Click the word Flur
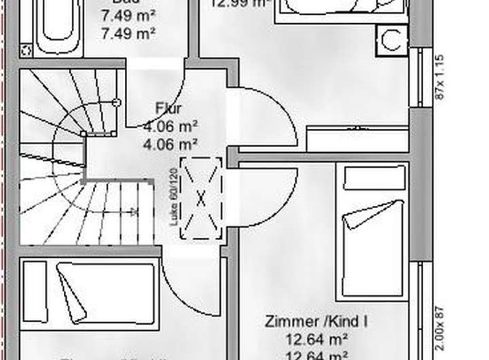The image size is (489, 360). click(x=169, y=108)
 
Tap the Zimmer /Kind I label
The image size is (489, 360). click(x=316, y=321)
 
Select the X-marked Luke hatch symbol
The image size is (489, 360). click(x=201, y=198)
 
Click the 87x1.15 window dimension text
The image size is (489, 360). click(x=439, y=77)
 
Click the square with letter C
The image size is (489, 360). click(x=392, y=40)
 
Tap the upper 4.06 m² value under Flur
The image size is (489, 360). click(x=170, y=126)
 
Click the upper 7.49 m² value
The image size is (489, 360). click(x=128, y=15)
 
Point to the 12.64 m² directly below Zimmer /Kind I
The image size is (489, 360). click(x=316, y=338)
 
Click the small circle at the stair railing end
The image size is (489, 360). click(x=116, y=103)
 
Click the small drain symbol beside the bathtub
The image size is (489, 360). click(x=26, y=50)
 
